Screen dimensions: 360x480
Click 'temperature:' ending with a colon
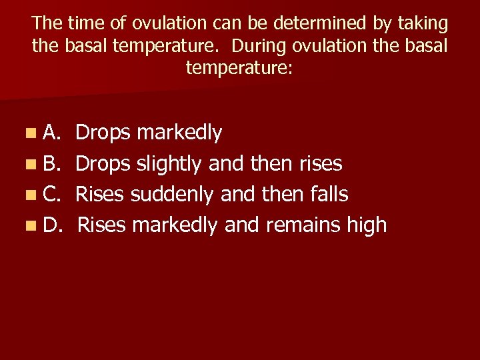[239, 68]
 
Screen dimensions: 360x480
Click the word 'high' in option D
[366, 225]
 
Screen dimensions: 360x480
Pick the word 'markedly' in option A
[179, 133]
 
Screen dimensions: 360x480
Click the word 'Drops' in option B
[103, 164]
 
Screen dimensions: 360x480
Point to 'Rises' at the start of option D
[101, 225]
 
